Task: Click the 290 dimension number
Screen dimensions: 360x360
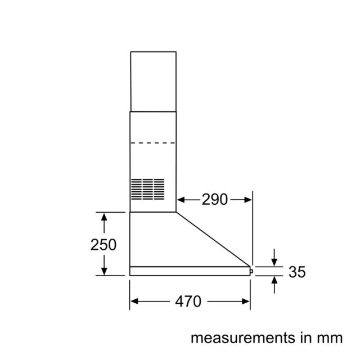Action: click(x=215, y=199)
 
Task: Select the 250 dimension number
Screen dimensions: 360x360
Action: click(x=103, y=245)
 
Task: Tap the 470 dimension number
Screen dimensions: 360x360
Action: click(x=188, y=301)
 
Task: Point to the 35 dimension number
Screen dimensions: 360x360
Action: click(x=297, y=272)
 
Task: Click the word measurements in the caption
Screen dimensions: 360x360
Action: click(x=243, y=338)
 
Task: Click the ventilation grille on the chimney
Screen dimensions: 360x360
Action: click(x=147, y=189)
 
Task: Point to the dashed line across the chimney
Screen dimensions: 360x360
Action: click(x=153, y=143)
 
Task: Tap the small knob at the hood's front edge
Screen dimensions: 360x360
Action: click(x=251, y=271)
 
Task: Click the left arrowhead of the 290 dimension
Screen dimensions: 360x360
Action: click(x=181, y=200)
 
